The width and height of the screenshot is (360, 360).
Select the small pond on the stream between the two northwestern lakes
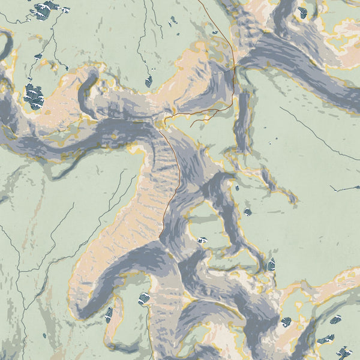38,56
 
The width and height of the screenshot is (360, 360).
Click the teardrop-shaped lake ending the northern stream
148,80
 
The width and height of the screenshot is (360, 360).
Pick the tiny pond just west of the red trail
214,32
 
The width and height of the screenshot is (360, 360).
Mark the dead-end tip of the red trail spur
191,127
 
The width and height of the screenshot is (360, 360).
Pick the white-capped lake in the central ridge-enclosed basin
202,240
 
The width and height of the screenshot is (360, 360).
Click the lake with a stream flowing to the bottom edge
144,298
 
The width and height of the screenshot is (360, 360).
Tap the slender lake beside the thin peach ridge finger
109,314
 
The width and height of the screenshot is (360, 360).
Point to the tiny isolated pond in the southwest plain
44,335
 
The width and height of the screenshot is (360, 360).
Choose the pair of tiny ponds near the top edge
173,20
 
